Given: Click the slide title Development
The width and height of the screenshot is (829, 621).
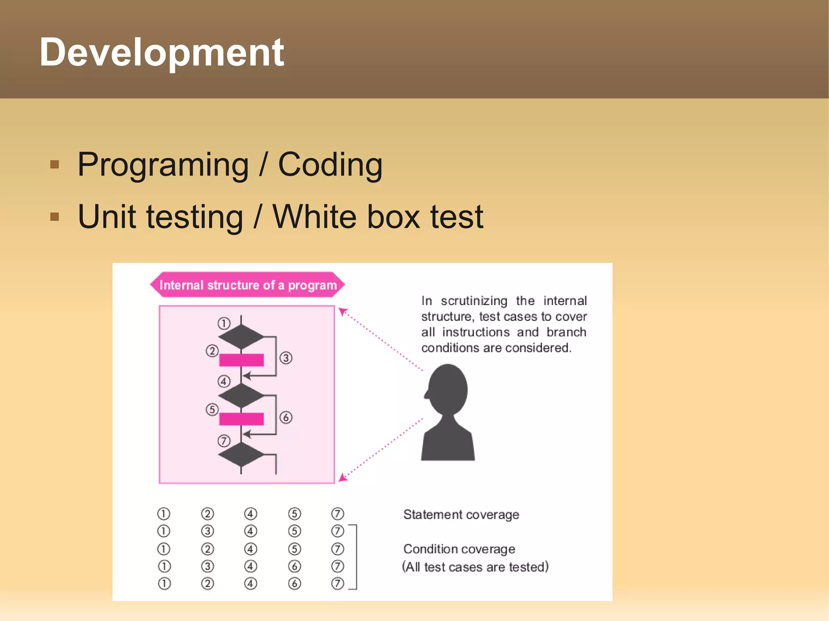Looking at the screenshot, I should click(x=162, y=53).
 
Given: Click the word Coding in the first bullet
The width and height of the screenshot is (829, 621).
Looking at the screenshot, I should click(x=330, y=165).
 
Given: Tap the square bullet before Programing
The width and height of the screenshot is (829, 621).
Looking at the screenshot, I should click(x=55, y=165).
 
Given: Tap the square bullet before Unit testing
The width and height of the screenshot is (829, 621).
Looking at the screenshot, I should click(x=55, y=217).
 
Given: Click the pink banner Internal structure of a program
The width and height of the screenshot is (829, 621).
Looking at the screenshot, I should click(x=247, y=285).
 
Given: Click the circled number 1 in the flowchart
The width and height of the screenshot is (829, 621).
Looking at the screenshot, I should click(x=224, y=323).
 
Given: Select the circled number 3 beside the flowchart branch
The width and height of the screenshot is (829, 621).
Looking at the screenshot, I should click(x=286, y=358).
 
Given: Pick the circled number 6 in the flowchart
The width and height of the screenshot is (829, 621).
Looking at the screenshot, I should click(x=286, y=417).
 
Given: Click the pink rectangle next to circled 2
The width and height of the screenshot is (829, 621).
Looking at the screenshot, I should click(x=241, y=360).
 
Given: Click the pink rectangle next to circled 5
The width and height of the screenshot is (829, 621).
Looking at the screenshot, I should click(x=241, y=419).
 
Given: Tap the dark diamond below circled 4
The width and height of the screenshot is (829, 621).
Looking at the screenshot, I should click(x=241, y=395).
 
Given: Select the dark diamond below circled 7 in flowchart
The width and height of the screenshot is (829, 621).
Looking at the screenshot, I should click(x=241, y=454).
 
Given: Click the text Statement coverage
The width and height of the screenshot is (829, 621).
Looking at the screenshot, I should click(x=461, y=515).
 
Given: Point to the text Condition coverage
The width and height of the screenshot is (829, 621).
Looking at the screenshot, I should click(x=459, y=549).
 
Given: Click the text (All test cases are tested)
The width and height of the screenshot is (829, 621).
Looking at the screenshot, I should click(x=475, y=567).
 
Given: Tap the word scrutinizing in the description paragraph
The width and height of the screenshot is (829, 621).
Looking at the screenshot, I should click(x=474, y=301).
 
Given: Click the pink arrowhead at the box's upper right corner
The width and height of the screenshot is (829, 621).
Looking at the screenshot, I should click(x=342, y=312).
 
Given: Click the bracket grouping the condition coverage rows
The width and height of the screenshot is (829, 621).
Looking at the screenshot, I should click(x=355, y=557).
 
